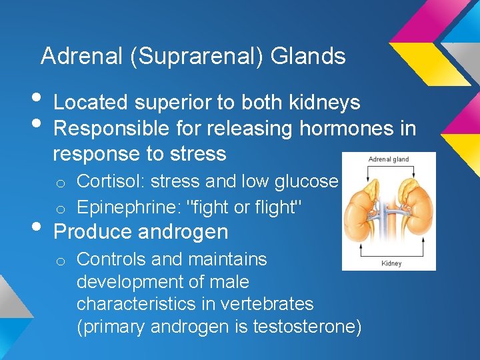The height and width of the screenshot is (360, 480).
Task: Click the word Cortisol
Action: tap(105, 181)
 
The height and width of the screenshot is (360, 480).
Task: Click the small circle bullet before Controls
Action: tap(59, 260)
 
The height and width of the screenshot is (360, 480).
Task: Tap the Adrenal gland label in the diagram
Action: tap(389, 159)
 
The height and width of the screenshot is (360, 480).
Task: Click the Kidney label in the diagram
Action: tap(391, 263)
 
